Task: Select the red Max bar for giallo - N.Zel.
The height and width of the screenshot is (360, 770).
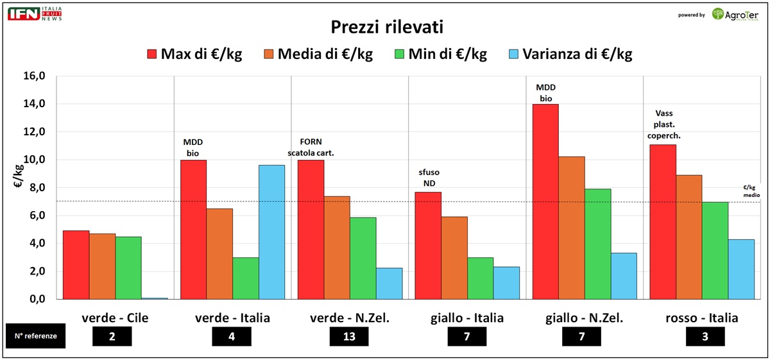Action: tap(545, 201)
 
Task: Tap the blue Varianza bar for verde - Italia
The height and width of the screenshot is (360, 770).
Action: tap(271, 232)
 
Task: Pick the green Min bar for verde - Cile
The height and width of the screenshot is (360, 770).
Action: tap(128, 268)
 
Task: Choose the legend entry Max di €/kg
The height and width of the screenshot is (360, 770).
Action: tap(194, 54)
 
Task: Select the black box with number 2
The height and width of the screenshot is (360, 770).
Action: tap(112, 336)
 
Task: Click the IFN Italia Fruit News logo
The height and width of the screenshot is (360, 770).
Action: tap(35, 13)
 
